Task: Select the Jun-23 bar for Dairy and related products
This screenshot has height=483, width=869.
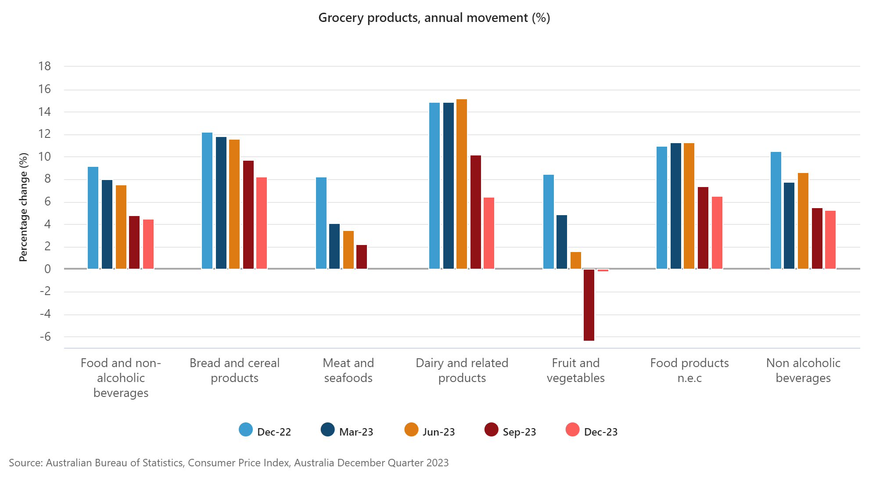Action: pos(462,184)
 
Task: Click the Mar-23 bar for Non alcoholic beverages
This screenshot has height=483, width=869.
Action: pos(789,226)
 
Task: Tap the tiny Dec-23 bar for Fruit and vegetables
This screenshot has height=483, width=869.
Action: pos(603,270)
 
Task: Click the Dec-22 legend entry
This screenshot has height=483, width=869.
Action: pos(265,431)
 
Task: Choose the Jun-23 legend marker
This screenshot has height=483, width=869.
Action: pos(411,430)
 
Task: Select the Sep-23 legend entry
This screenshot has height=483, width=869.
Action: pos(510,431)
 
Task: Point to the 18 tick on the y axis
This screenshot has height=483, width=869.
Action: pos(45,66)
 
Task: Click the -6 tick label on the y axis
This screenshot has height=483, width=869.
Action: pos(45,337)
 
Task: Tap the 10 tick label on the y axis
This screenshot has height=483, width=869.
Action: pos(45,157)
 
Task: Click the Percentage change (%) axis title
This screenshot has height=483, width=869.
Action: pos(23,207)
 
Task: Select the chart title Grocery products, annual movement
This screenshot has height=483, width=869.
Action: pos(434,18)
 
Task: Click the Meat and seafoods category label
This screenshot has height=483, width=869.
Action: pos(348,370)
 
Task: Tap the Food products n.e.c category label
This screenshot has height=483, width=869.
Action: pos(689,370)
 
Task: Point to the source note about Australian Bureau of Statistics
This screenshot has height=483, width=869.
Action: pos(229,463)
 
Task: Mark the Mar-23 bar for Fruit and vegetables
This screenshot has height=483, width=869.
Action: pos(562,242)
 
